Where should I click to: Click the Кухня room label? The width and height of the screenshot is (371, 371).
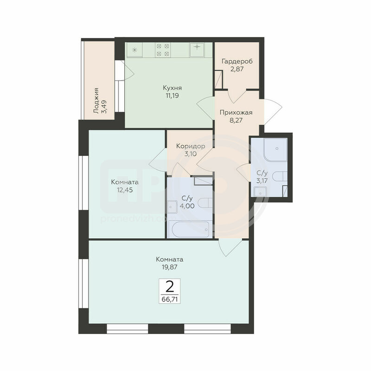tap(172, 88)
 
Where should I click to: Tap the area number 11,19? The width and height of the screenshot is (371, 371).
tap(172, 96)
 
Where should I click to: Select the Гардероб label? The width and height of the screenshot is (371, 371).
tap(237, 61)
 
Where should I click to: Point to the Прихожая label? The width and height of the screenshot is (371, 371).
tap(236, 112)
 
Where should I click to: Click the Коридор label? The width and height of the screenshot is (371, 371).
tap(191, 146)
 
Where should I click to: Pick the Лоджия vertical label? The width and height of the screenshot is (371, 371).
tap(96, 101)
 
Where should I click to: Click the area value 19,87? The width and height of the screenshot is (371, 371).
tap(169, 267)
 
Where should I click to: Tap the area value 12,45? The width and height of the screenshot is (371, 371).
tap(125, 190)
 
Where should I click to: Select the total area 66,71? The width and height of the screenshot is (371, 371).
tap(170, 299)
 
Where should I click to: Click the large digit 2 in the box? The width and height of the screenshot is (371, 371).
tap(170, 287)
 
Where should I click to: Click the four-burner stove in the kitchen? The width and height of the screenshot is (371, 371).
tap(163, 50)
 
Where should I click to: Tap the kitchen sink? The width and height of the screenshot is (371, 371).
tap(197, 50)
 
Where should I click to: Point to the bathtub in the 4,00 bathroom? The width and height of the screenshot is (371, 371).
tap(191, 229)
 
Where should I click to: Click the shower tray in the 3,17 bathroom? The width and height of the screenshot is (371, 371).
tap(275, 149)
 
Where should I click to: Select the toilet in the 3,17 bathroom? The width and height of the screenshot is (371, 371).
tap(280, 176)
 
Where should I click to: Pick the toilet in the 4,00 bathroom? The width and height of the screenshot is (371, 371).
tap(205, 203)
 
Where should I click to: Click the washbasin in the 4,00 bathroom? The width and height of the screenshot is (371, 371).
tap(172, 207)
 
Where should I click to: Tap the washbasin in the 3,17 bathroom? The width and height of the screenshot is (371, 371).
tap(260, 192)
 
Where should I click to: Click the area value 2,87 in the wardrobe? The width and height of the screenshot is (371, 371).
tap(237, 69)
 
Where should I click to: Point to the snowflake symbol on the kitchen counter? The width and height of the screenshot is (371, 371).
tap(134, 50)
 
